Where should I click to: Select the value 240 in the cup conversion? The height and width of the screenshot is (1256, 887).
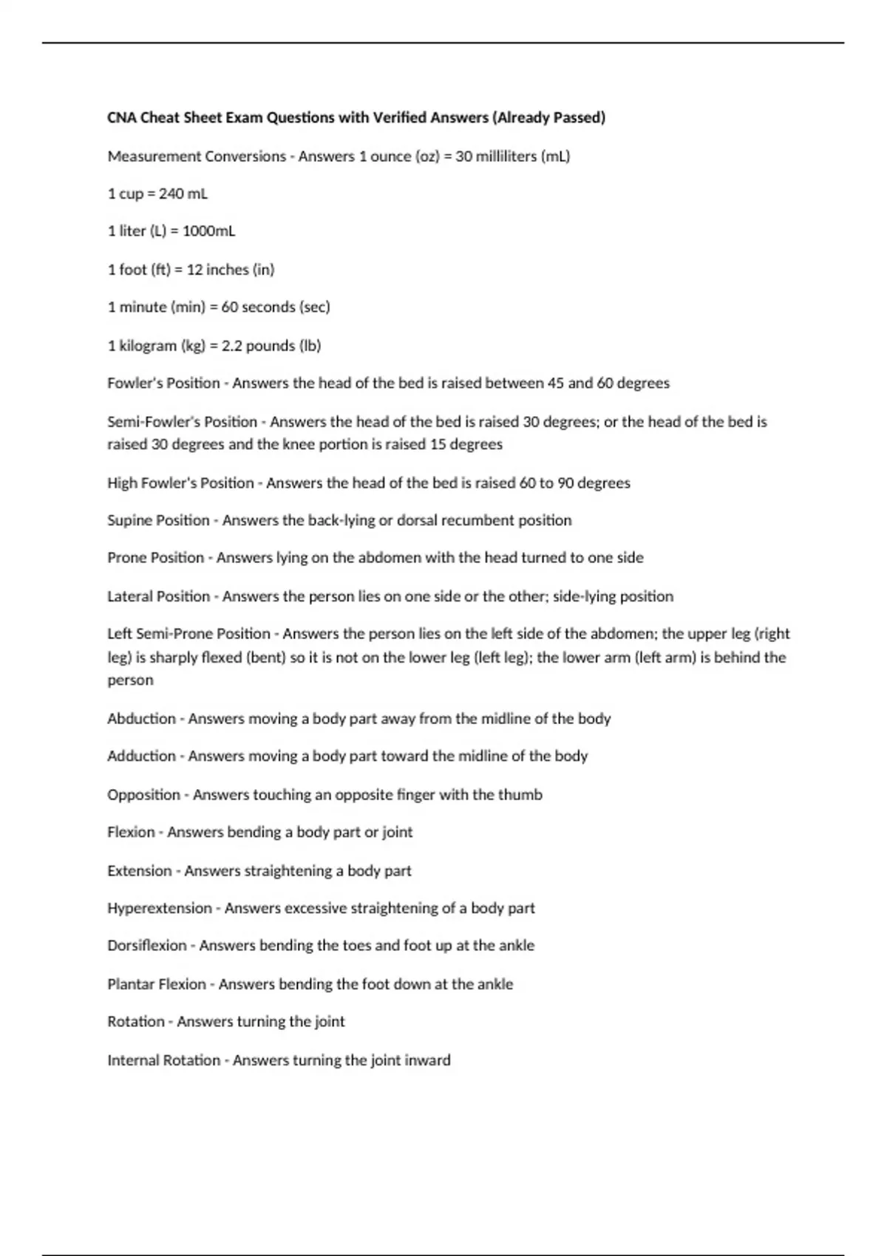click(171, 194)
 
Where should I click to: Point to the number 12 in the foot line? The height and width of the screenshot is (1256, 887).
click(194, 270)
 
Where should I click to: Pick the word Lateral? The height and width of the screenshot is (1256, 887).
click(129, 596)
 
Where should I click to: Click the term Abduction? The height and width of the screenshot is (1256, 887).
click(141, 719)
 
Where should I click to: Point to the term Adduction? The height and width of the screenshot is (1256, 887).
click(141, 757)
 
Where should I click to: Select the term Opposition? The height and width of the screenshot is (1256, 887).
click(143, 795)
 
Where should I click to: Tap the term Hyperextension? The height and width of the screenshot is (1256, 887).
click(159, 908)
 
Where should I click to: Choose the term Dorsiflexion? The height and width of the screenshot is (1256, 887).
click(146, 946)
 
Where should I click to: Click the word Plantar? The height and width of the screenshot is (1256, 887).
click(130, 984)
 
